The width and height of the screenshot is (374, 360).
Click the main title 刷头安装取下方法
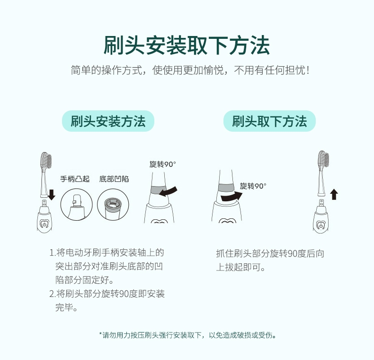click(187, 45)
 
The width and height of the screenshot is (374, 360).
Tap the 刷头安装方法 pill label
click(108, 121)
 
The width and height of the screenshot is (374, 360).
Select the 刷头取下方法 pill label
click(269, 121)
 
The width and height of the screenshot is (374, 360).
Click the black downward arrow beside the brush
click(52, 195)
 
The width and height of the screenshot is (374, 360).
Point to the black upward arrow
click(334, 194)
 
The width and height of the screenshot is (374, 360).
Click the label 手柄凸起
click(75, 179)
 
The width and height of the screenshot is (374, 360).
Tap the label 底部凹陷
click(114, 179)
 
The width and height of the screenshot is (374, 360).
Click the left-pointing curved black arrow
click(168, 192)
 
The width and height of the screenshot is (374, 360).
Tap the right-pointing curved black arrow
click(232, 197)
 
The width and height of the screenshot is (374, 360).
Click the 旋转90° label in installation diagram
click(163, 164)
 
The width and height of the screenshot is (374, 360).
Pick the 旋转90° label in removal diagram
click(253, 186)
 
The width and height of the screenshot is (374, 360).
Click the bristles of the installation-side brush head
click(46, 159)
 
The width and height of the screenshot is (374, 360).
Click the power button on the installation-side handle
click(44, 225)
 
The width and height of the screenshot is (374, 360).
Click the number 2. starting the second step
click(52, 294)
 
